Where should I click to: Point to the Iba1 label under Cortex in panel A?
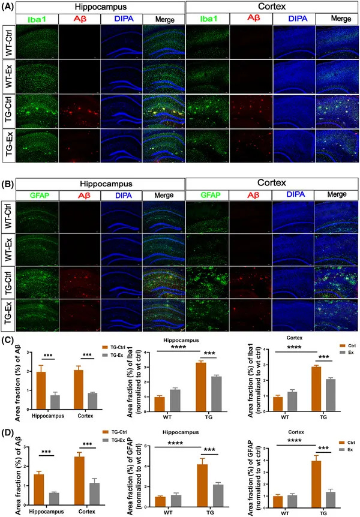208,19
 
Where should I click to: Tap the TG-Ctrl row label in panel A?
8,110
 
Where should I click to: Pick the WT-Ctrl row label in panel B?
8,215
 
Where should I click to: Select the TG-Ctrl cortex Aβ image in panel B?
250,281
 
